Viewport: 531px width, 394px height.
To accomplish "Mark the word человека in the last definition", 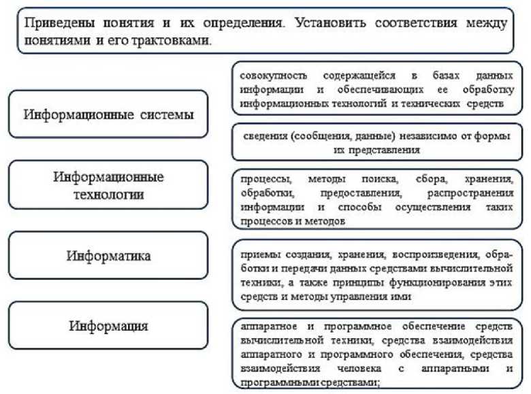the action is [x=359, y=368].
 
